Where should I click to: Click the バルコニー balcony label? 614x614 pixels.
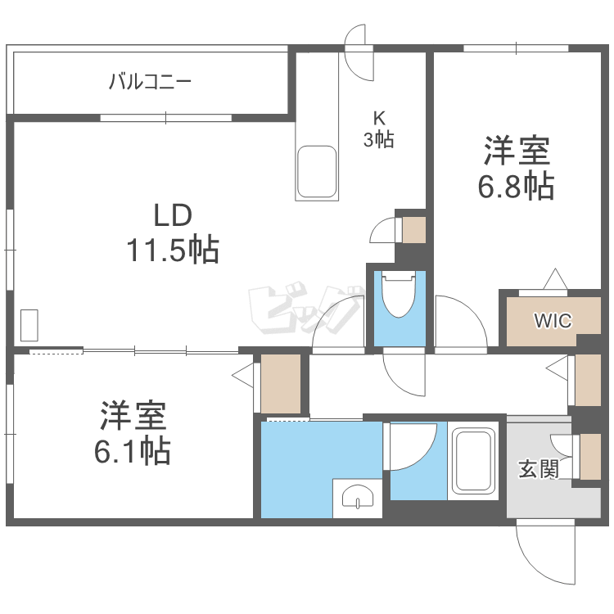[x=150, y=82]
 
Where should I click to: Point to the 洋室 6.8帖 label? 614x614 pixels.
[x=517, y=169]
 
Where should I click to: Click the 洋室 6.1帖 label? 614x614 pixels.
[x=133, y=434]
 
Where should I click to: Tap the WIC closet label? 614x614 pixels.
[x=553, y=320]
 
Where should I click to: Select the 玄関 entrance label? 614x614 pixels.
[x=538, y=469]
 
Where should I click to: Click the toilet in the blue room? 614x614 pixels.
[x=399, y=295]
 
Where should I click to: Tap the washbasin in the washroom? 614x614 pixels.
[x=358, y=496]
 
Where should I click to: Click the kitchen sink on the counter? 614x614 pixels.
[x=317, y=172]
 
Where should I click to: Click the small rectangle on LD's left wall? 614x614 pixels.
[x=29, y=325]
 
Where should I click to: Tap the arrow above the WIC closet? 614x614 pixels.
[x=555, y=279]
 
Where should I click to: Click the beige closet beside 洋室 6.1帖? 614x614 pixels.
[x=281, y=383]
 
